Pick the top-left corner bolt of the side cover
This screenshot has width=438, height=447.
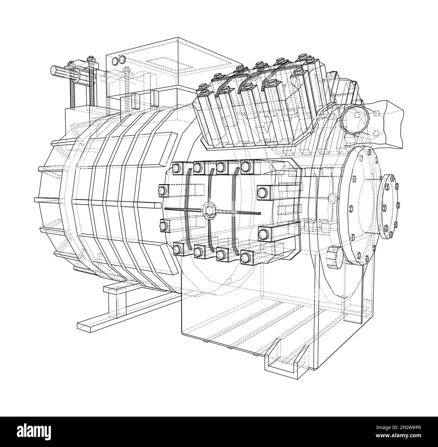(x=177, y=167)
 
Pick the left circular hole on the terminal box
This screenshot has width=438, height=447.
(x=115, y=61)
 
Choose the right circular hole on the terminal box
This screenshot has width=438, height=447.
(x=121, y=60)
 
